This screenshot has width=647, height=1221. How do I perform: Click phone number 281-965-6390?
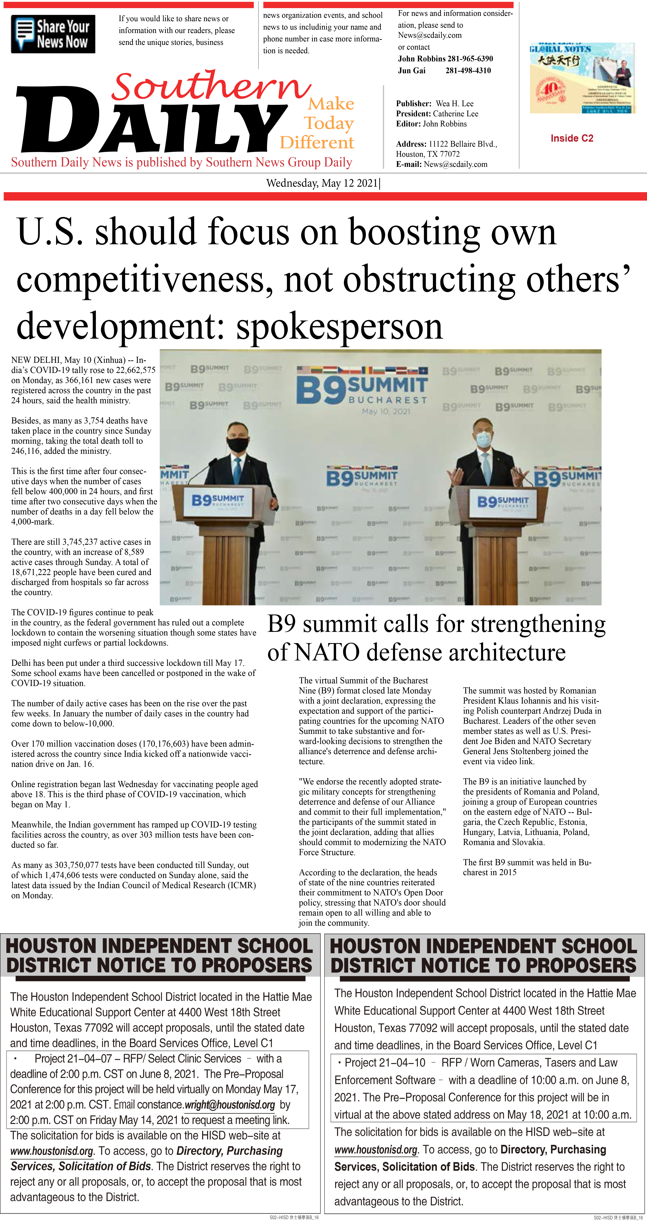470,59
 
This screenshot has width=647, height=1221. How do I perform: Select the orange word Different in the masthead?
317,143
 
